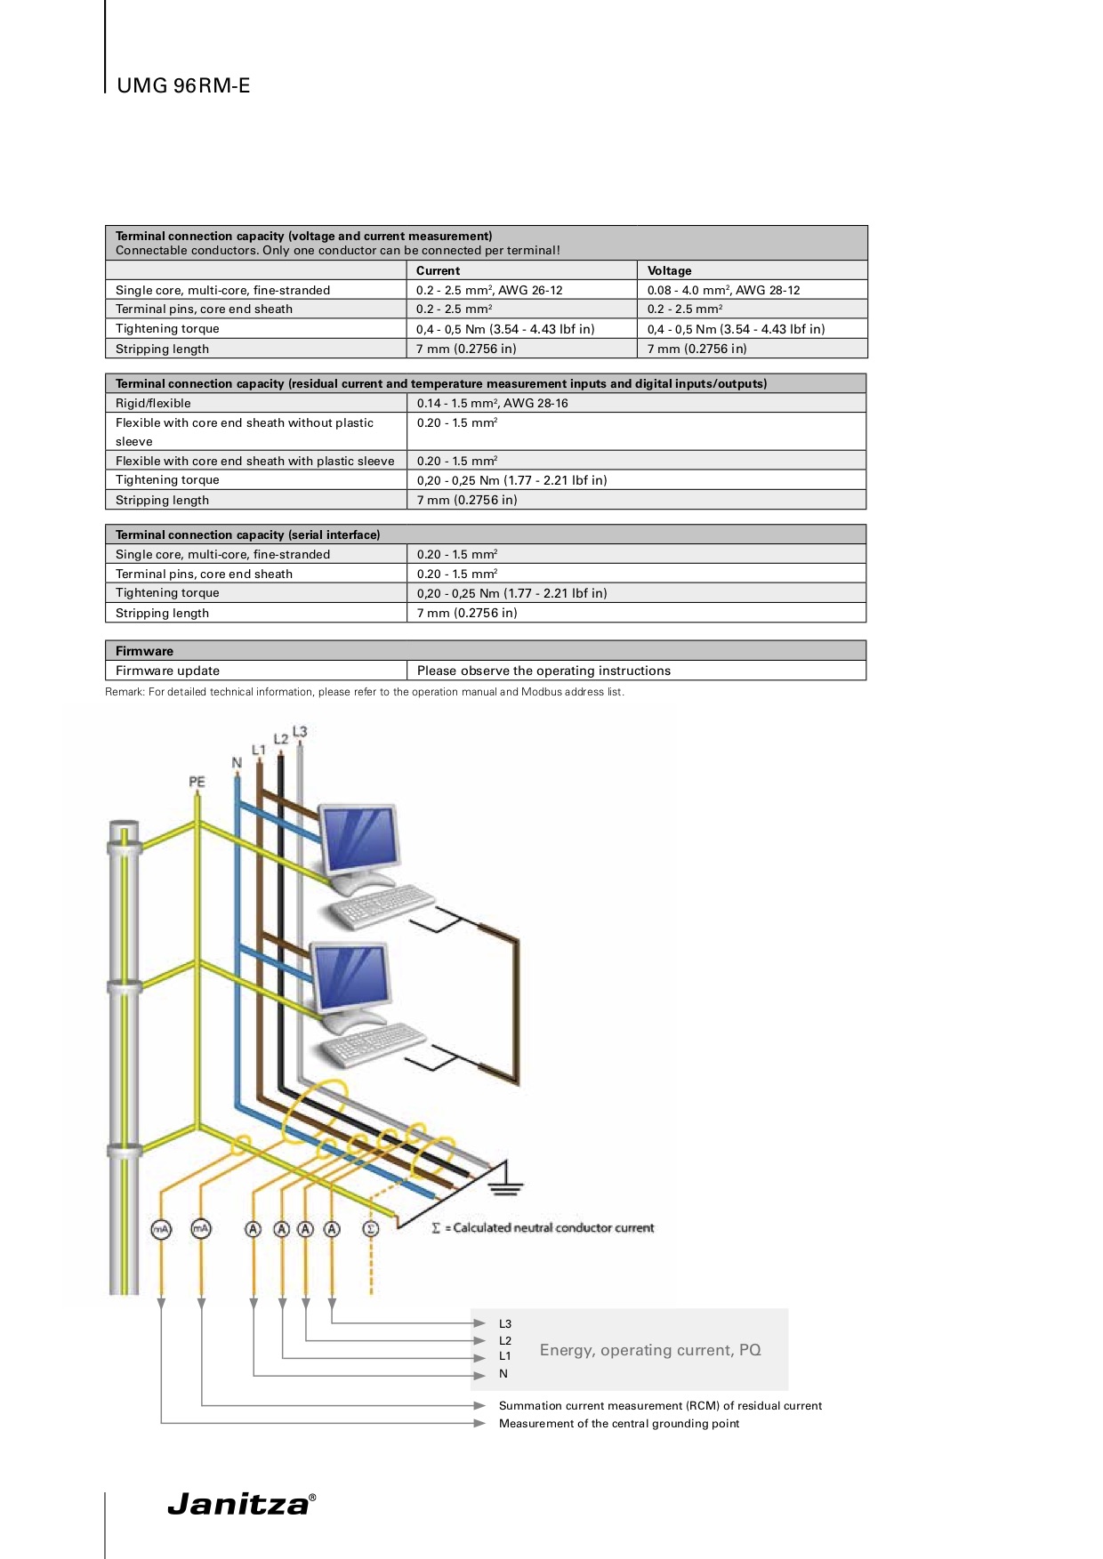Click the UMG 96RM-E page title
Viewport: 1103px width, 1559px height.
183,85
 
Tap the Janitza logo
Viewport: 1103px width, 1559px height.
241,1504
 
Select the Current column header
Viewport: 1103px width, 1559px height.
438,270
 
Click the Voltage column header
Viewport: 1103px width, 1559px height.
669,270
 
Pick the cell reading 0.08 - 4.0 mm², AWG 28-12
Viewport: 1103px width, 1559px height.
723,290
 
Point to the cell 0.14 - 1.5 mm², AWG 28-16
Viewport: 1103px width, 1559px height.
492,403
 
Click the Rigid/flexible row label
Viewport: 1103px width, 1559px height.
153,403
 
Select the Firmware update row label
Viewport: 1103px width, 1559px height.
167,671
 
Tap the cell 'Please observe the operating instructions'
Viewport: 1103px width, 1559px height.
543,671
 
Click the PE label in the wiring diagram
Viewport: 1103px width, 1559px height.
197,782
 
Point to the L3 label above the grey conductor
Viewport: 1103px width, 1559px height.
300,731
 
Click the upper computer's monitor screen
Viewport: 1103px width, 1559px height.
359,839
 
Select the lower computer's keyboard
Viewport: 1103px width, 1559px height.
374,1045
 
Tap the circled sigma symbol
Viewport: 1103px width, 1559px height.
371,1229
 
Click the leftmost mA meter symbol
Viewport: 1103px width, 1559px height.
161,1229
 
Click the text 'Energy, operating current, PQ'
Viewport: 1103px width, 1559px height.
650,1350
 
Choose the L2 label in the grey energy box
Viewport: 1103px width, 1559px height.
505,1340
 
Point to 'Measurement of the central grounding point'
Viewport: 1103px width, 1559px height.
619,1423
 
